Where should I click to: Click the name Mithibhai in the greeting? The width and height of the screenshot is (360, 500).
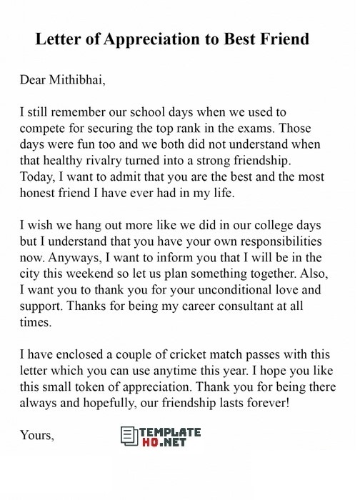click(76, 79)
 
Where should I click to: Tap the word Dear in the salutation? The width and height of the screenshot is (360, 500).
click(32, 79)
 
